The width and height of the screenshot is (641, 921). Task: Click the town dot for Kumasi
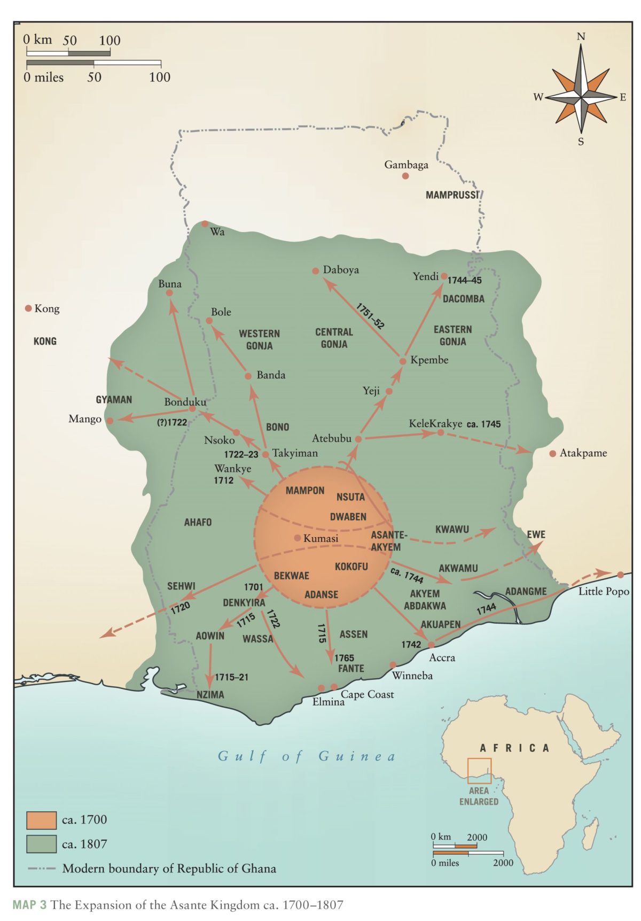coord(298,538)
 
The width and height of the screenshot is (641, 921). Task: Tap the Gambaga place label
coord(406,165)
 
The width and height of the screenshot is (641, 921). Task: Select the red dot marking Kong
coord(28,308)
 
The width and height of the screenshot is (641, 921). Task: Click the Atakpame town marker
coord(552,453)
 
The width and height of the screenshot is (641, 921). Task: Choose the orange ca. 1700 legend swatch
coord(41,819)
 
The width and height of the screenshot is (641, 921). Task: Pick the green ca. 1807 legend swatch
coord(41,844)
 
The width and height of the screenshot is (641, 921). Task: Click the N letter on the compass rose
coord(581,37)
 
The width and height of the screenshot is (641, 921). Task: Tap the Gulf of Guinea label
coord(307,756)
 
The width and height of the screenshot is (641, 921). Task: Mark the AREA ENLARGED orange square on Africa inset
coord(479,771)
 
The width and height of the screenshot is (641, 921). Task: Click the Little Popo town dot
coord(620,575)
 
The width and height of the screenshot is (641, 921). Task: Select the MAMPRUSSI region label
coord(452,195)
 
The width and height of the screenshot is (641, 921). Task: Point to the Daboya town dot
coord(316,271)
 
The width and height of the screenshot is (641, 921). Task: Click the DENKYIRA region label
coord(244,602)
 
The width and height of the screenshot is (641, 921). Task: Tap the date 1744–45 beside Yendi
coord(464,280)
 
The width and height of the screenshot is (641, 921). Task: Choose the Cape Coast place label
coord(368,694)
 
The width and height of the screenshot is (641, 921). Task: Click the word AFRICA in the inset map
coord(514,748)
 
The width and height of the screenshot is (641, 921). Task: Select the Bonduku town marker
coord(192,409)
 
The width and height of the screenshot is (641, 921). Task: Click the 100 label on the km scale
coord(110,40)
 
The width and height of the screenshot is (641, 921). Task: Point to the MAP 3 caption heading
coord(29,905)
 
